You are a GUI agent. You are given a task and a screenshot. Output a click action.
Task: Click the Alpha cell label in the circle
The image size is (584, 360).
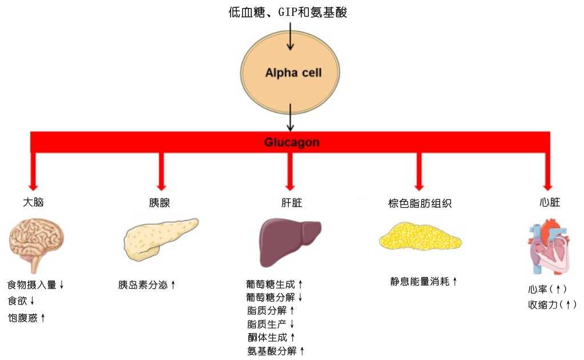(293, 73)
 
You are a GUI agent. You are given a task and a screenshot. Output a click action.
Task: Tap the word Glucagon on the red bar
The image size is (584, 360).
(291, 142)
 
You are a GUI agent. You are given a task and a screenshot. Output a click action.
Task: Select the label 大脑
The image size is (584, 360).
(33, 203)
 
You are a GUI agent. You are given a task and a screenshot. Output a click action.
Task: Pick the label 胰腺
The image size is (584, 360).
(160, 203)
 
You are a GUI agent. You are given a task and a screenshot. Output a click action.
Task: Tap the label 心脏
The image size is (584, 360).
(549, 203)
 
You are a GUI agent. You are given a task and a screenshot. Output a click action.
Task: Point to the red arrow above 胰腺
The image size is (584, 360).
(161, 170)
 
